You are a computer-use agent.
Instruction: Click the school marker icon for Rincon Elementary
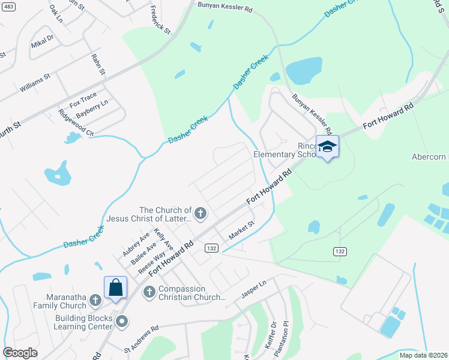pyautogui.click(x=328, y=147)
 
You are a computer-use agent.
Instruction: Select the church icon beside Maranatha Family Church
pyautogui.click(x=95, y=300)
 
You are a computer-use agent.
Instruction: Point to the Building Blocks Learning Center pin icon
pyautogui.click(x=122, y=322)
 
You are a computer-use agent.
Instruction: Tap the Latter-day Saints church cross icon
pyautogui.click(x=200, y=213)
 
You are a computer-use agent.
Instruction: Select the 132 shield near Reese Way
pyautogui.click(x=210, y=247)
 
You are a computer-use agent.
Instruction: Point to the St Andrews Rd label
pyautogui.click(x=141, y=338)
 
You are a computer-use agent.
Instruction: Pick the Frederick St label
pyautogui.click(x=160, y=19)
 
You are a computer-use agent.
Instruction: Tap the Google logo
pyautogui.click(x=20, y=353)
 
